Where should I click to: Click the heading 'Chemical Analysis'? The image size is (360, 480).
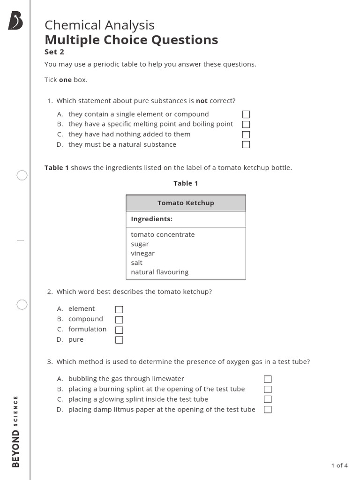[x=99, y=25]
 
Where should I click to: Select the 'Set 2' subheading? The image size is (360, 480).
[x=54, y=52]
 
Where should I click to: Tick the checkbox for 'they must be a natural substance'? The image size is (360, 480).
[x=246, y=145]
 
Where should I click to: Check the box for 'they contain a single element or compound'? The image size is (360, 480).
[x=246, y=114]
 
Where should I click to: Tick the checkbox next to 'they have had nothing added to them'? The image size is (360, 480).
[x=246, y=135]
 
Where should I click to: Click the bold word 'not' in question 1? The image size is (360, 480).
[x=202, y=101]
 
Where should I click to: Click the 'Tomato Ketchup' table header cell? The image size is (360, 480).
[x=186, y=203]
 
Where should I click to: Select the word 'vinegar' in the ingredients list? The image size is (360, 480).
[x=142, y=253]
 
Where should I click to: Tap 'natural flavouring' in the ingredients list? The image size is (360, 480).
[x=159, y=272]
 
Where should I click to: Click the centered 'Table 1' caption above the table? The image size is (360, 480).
[x=186, y=183]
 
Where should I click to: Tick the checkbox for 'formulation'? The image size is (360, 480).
[x=119, y=330]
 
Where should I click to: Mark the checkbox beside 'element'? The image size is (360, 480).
[x=119, y=309]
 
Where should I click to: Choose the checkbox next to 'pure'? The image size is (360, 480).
[x=119, y=340]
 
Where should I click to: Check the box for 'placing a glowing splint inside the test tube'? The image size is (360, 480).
[x=268, y=399]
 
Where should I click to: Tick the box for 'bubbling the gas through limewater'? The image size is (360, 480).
[x=268, y=379]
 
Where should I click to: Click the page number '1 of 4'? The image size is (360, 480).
[x=339, y=465]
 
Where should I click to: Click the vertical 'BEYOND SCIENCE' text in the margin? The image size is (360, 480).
[x=15, y=431]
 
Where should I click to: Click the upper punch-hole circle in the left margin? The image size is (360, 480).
[x=22, y=176]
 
